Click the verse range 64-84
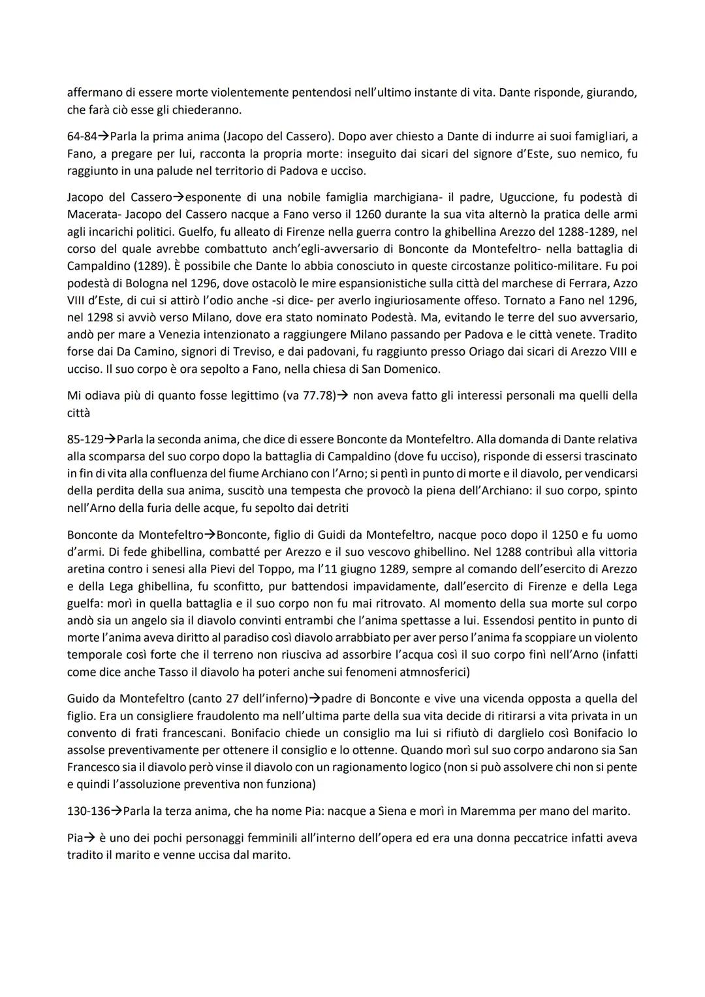pyautogui.click(x=82, y=136)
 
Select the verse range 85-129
pyautogui.click(x=86, y=439)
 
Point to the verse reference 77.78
pyautogui.click(x=313, y=396)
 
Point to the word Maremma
pyautogui.click(x=484, y=812)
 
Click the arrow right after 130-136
pyautogui.click(x=116, y=812)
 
